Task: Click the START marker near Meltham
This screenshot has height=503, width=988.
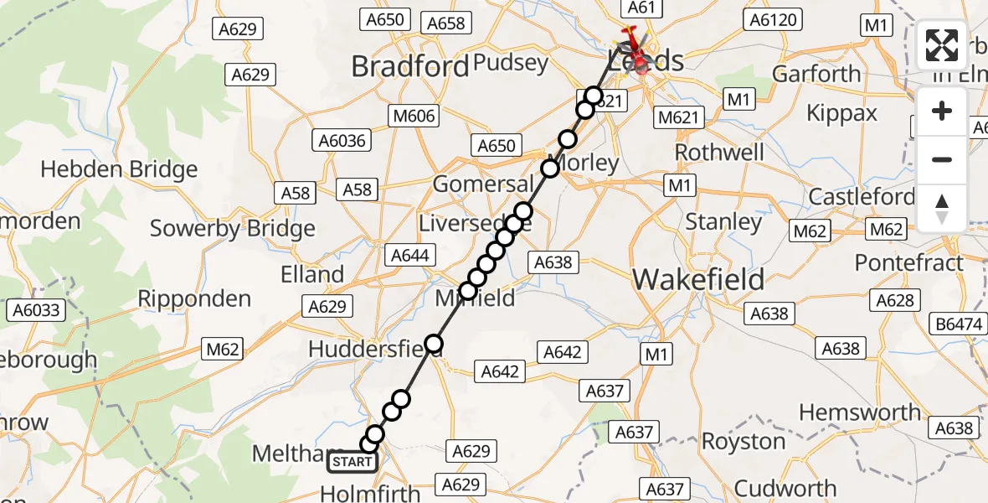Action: pyautogui.click(x=352, y=462)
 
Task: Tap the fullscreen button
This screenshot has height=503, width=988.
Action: pyautogui.click(x=942, y=45)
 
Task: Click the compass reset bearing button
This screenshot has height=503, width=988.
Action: pyautogui.click(x=942, y=209)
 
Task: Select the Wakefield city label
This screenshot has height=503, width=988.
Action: pyautogui.click(x=698, y=279)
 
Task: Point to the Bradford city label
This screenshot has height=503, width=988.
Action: pyautogui.click(x=410, y=66)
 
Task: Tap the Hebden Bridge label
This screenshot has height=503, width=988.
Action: pyautogui.click(x=119, y=169)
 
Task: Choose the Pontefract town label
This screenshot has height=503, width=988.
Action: pyautogui.click(x=909, y=263)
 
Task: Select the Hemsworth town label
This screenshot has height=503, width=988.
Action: pyautogui.click(x=860, y=412)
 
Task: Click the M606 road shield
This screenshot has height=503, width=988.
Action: pyautogui.click(x=413, y=116)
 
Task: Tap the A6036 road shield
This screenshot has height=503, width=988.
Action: pyautogui.click(x=342, y=141)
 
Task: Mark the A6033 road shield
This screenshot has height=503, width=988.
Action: pyautogui.click(x=36, y=311)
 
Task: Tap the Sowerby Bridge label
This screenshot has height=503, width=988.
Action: pyautogui.click(x=232, y=228)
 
